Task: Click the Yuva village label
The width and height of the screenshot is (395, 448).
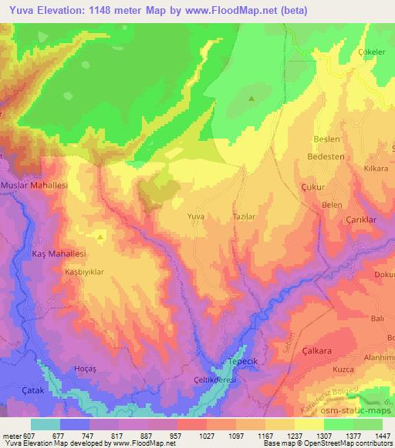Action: point(196,218)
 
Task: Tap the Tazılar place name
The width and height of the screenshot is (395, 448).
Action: point(244,218)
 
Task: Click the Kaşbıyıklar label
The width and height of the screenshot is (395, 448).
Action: point(84,272)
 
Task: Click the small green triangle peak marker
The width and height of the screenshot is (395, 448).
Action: point(251,98)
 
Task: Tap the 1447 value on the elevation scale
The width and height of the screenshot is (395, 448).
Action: point(381,436)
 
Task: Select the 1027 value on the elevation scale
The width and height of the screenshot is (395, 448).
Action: point(191,436)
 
